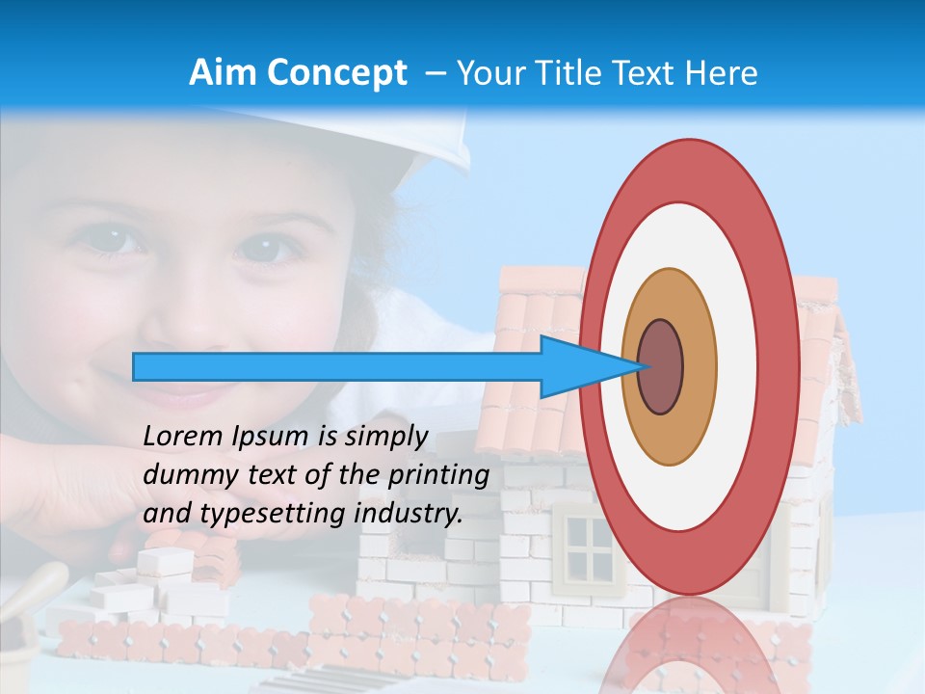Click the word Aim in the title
(223, 73)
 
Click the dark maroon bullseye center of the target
(661, 366)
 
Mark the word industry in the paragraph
(409, 514)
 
